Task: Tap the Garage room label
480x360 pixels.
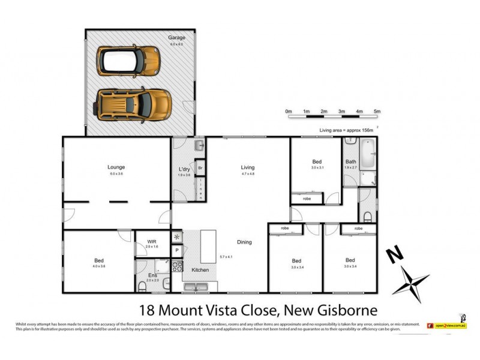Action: tap(176, 37)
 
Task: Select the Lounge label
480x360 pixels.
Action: tap(116, 167)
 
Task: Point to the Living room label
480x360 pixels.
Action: tap(248, 167)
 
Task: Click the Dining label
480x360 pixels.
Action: tap(244, 242)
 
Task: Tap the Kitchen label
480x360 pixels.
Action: tap(200, 271)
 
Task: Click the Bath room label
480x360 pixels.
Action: tap(350, 162)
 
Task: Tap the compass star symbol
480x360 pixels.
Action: tap(413, 281)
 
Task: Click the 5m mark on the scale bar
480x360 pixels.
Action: tap(377, 112)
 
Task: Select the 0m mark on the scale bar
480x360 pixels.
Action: tap(288, 112)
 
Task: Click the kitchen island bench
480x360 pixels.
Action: tap(208, 246)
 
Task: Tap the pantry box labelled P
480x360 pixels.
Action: tap(177, 250)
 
